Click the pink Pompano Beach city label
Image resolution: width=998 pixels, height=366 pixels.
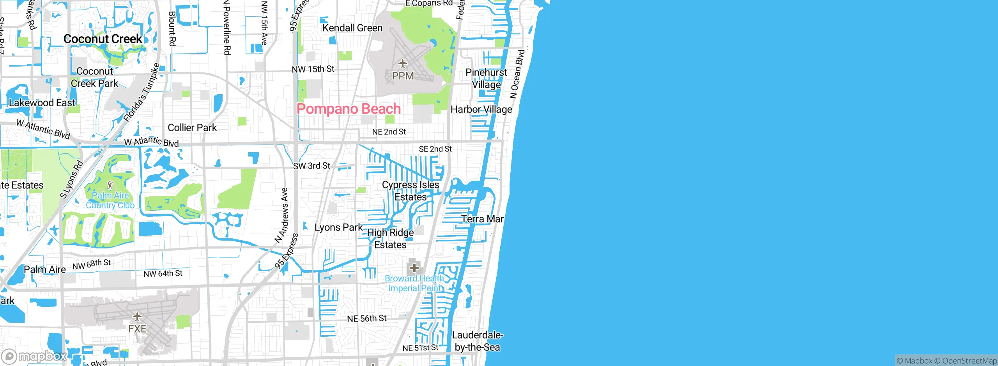(x=349, y=109)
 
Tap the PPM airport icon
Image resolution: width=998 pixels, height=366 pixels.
(x=402, y=63)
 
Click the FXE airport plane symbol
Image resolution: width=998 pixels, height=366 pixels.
(x=137, y=316)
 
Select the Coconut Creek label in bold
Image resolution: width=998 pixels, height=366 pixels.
(x=103, y=39)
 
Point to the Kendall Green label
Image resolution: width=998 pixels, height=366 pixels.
(x=352, y=28)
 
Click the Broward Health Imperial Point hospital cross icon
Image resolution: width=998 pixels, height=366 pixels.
(x=414, y=268)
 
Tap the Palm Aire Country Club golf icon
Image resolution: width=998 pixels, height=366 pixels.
(x=110, y=185)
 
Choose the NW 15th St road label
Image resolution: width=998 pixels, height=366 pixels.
(x=313, y=69)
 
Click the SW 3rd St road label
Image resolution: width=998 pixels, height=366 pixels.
(x=311, y=166)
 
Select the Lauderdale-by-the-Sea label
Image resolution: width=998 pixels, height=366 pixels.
(x=477, y=341)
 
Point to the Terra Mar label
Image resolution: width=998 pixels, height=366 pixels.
(x=482, y=219)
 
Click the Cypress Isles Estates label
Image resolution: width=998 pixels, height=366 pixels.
(x=411, y=191)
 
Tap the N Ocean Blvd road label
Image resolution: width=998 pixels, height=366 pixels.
(x=517, y=74)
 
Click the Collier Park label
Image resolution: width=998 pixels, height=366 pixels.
(x=192, y=128)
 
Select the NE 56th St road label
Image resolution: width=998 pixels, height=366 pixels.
(x=366, y=318)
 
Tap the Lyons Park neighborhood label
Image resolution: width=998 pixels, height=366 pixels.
(x=338, y=227)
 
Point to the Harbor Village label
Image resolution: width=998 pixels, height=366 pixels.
(x=481, y=110)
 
